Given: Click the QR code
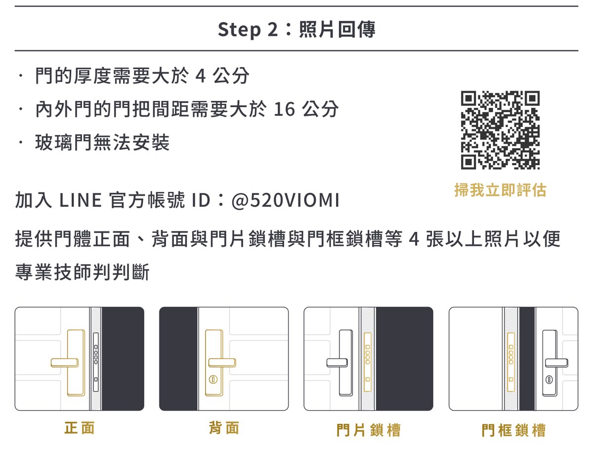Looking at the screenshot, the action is click(x=500, y=130).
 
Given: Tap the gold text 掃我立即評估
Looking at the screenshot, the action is click(x=500, y=190).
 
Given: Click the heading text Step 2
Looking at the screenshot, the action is click(x=248, y=30).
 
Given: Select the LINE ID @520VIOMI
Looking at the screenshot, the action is click(x=285, y=200).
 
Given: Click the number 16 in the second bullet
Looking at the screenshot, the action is click(x=284, y=109).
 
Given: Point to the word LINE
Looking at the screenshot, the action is click(x=80, y=200).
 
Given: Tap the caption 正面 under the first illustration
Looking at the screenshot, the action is click(x=80, y=428).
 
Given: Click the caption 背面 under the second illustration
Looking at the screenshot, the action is click(x=224, y=428).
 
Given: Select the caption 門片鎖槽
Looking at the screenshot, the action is click(x=369, y=430).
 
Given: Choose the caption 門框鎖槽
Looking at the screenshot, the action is click(x=513, y=430).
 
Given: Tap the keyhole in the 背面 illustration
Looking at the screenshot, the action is click(x=213, y=380).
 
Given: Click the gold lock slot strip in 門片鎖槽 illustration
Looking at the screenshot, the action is click(x=368, y=362).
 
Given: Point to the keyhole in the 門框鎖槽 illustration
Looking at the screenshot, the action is click(x=549, y=380).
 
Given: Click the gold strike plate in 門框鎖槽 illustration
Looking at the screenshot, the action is click(x=511, y=362).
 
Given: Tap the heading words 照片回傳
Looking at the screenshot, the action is click(x=337, y=30).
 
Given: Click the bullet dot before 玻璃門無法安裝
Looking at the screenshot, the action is click(x=21, y=142).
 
